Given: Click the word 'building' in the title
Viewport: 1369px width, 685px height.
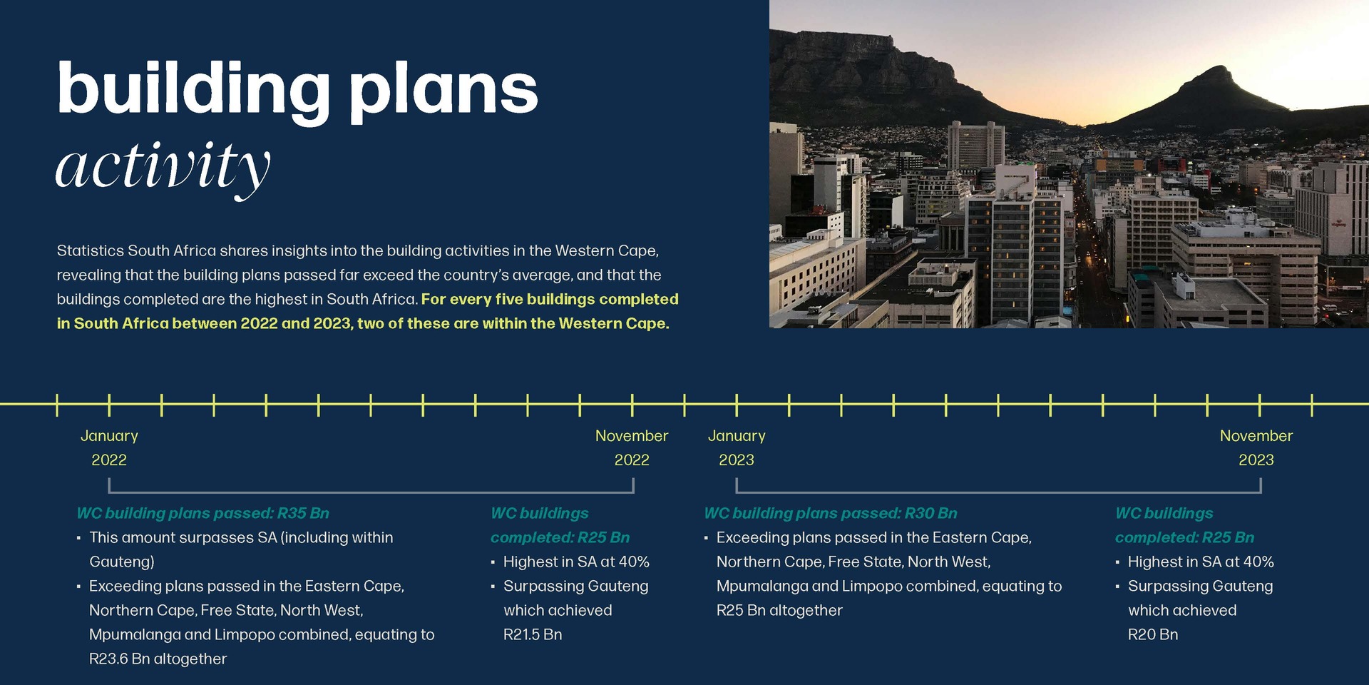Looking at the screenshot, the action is (193, 91).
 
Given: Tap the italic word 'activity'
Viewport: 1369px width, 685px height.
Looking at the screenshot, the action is (163, 168).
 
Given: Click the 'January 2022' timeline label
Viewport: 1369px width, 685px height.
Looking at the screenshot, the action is (109, 447).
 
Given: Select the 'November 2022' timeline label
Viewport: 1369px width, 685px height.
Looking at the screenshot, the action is (632, 447).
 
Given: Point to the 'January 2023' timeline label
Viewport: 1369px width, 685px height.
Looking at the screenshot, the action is (737, 447).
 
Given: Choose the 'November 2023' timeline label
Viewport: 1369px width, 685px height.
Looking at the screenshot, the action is (1256, 447).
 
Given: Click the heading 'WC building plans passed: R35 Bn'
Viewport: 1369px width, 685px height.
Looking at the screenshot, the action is (203, 513).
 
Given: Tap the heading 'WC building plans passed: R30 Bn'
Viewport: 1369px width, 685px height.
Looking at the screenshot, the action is (831, 513).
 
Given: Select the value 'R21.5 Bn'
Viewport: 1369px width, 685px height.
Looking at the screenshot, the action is (533, 634).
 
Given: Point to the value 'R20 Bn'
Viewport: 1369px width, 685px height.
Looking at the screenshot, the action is (1153, 634).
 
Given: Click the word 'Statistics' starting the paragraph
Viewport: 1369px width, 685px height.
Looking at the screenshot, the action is (90, 250).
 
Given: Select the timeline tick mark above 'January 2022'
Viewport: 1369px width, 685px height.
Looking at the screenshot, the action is (109, 405).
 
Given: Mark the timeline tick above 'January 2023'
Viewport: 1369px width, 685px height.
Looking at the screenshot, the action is (737, 405).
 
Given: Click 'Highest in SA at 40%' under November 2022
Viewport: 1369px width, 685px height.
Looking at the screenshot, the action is (576, 562).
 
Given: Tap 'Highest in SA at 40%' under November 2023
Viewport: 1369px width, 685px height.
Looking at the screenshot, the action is (1201, 562).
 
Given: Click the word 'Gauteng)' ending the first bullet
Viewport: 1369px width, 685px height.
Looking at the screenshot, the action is (122, 562).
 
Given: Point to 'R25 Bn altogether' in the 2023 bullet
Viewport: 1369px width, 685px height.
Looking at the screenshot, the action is (779, 610).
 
